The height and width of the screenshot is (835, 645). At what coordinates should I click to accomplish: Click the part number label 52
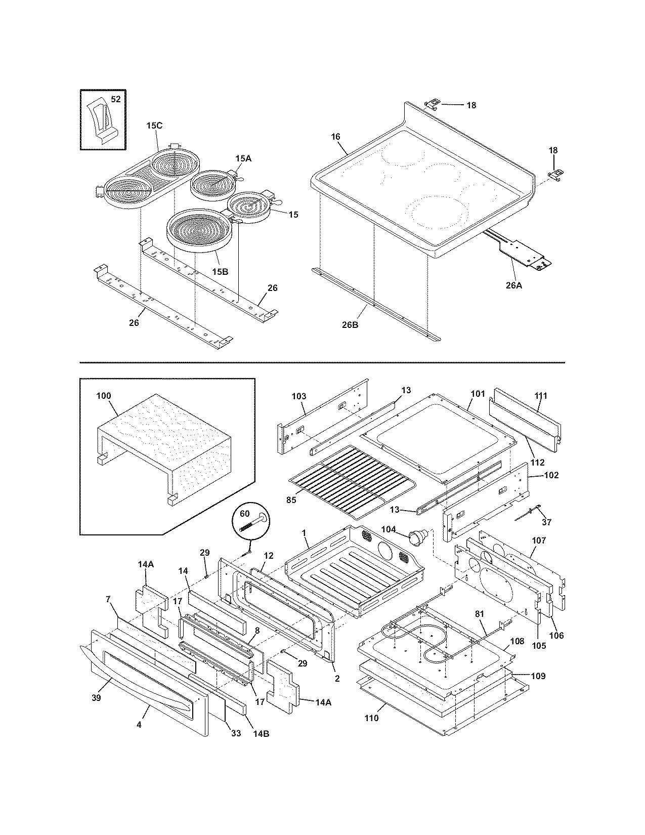pyautogui.click(x=116, y=99)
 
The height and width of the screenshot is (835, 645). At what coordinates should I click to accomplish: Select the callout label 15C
pyautogui.click(x=154, y=126)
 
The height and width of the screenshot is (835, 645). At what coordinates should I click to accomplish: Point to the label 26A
pyautogui.click(x=513, y=285)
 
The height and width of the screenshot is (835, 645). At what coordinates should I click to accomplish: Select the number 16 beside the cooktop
pyautogui.click(x=336, y=137)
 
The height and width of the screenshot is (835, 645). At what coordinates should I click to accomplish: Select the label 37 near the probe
pyautogui.click(x=546, y=522)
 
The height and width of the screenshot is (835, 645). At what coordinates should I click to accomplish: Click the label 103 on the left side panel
pyautogui.click(x=299, y=396)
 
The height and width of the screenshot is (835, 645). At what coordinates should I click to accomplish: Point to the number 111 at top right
pyautogui.click(x=540, y=396)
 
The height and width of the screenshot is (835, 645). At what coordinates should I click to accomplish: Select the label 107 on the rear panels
pyautogui.click(x=539, y=540)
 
